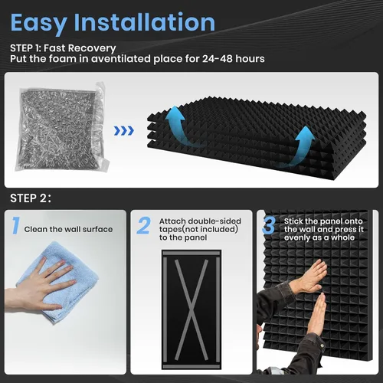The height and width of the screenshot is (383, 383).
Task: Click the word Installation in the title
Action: click(x=145, y=22)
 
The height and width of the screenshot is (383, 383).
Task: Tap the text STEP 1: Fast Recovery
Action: click(x=63, y=48)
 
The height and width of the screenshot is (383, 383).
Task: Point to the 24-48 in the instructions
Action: click(x=218, y=59)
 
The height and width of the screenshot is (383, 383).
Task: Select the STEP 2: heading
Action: click(x=31, y=198)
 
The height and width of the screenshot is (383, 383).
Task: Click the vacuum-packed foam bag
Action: click(x=63, y=127)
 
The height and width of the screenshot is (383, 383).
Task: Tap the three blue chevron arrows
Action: click(x=124, y=131)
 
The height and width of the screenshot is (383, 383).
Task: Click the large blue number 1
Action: click(x=16, y=225)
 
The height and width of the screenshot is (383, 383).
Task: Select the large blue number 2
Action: click(x=143, y=225)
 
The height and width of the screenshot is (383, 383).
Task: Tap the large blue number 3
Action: click(x=269, y=225)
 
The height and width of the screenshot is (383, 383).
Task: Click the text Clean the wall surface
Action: click(x=68, y=229)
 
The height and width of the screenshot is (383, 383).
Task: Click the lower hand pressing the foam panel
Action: click(x=317, y=314)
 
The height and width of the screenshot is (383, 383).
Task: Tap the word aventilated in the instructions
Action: click(x=121, y=59)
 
